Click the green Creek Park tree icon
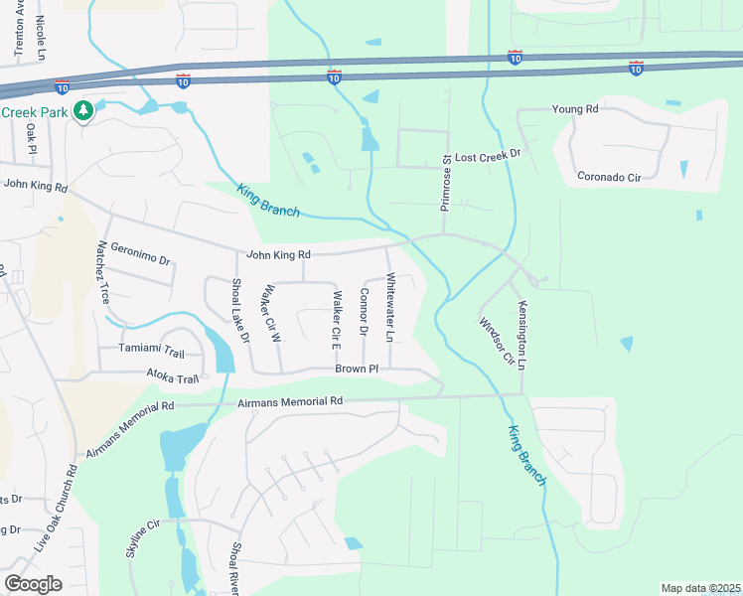tap(85, 110)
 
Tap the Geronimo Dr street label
tap(141, 254)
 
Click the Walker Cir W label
tap(267, 313)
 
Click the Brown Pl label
tap(357, 368)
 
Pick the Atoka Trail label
tap(173, 378)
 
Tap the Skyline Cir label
tap(143, 537)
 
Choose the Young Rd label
tap(575, 108)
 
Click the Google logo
tap(34, 583)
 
